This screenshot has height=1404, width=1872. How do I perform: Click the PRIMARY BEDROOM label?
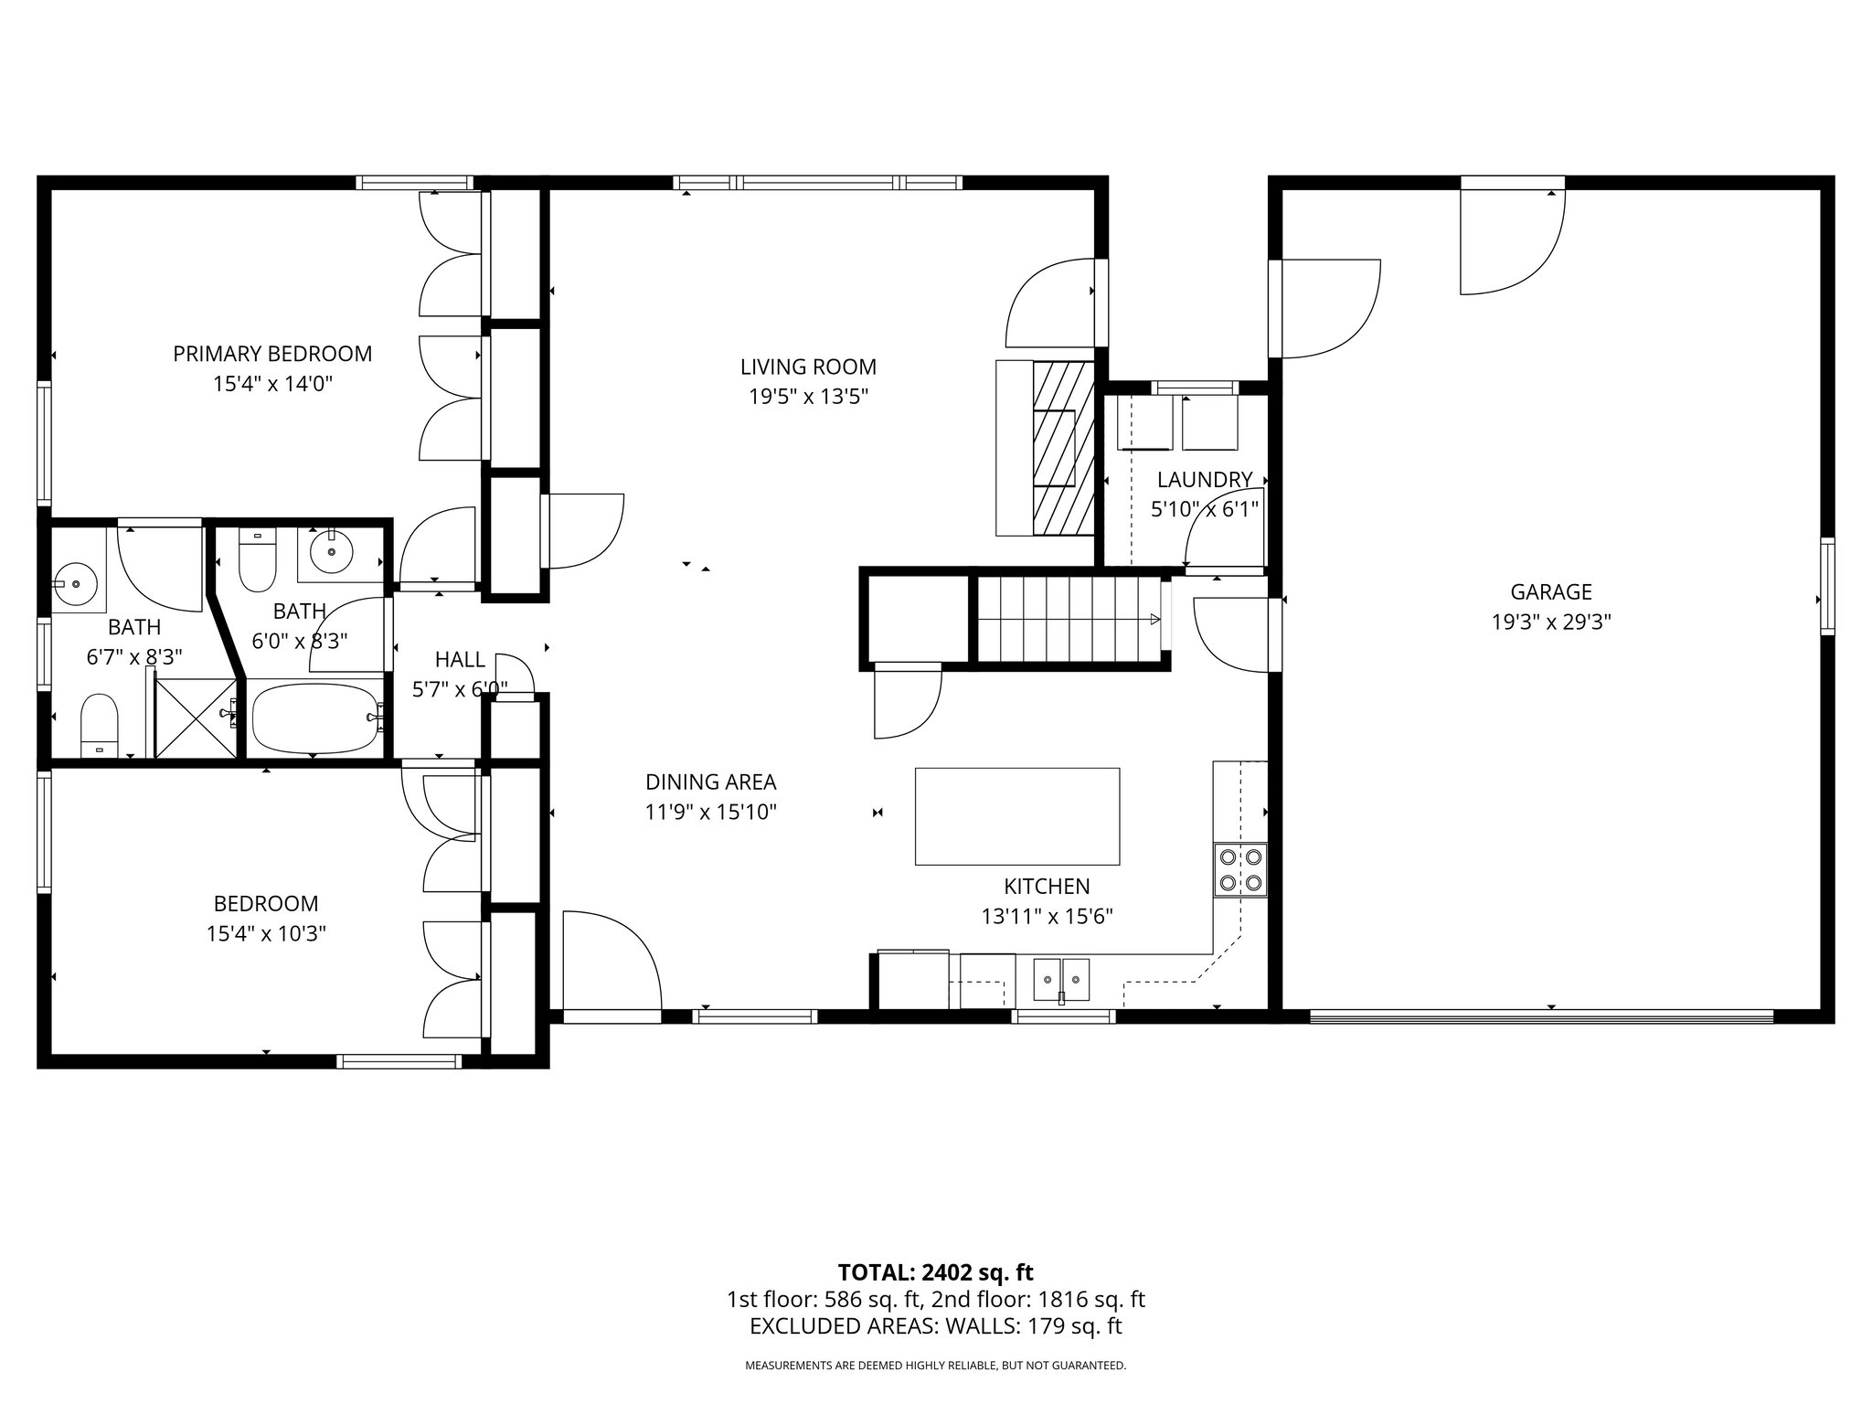click(272, 354)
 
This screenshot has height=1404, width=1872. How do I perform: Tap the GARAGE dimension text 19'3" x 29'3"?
click(1550, 622)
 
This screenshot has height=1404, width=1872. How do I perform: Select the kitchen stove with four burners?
click(1240, 869)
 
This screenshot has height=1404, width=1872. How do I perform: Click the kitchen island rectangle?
click(1017, 816)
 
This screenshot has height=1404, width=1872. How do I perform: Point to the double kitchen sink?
click(1061, 981)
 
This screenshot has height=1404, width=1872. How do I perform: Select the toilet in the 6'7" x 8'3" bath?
click(99, 725)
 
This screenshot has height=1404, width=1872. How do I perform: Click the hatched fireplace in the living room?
click(1063, 448)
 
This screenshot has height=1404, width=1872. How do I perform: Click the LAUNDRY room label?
click(1204, 480)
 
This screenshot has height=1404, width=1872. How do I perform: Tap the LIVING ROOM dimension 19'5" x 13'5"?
click(808, 397)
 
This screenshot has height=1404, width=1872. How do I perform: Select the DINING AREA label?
click(710, 782)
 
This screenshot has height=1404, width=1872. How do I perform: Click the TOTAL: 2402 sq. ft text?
click(935, 1272)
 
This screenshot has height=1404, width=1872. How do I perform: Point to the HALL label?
click(460, 660)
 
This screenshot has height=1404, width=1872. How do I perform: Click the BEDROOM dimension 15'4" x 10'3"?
click(266, 934)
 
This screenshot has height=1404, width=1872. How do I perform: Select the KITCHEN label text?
click(1047, 887)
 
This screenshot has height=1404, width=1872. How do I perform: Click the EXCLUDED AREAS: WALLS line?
click(935, 1326)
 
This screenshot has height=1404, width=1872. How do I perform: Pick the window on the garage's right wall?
click(1826, 586)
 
